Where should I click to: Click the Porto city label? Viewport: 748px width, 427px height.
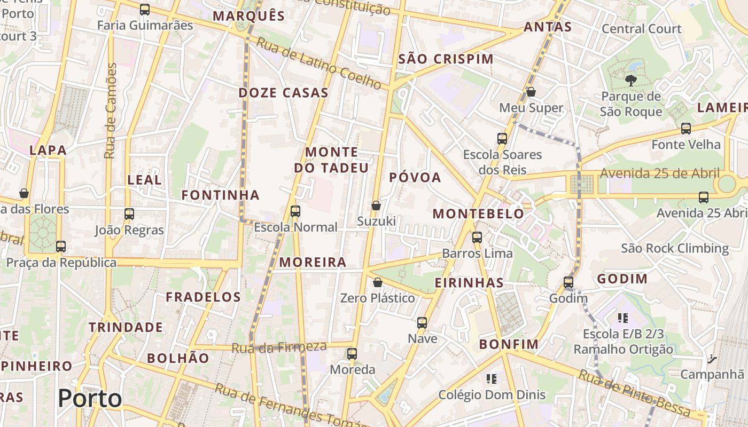(x=90, y=399)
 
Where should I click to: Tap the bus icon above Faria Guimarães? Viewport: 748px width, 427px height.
(x=145, y=10)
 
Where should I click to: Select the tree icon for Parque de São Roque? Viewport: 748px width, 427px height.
(x=631, y=81)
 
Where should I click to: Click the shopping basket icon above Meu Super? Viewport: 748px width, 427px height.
(x=531, y=92)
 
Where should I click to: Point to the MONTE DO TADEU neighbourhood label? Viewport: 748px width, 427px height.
(x=331, y=160)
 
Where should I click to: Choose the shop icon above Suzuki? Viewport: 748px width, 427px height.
(x=376, y=205)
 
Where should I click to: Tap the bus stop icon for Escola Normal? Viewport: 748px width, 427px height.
(x=295, y=211)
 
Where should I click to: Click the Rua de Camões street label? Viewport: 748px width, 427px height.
(x=111, y=111)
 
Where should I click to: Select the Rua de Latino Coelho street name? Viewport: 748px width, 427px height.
(x=320, y=63)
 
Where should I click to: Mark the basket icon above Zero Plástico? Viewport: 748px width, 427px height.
(x=378, y=282)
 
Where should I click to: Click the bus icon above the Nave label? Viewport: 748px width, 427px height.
(x=422, y=323)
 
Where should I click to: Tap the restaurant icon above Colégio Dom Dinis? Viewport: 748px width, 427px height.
(x=492, y=379)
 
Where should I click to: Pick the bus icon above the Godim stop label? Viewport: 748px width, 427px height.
(x=568, y=282)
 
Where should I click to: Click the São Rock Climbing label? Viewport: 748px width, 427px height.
(x=675, y=248)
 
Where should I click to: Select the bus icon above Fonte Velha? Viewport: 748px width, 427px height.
(x=686, y=129)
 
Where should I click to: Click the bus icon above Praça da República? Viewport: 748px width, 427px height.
(x=61, y=247)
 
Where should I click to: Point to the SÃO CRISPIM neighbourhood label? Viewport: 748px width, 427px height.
(x=446, y=59)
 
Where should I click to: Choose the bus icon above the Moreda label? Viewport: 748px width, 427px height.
(x=352, y=354)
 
